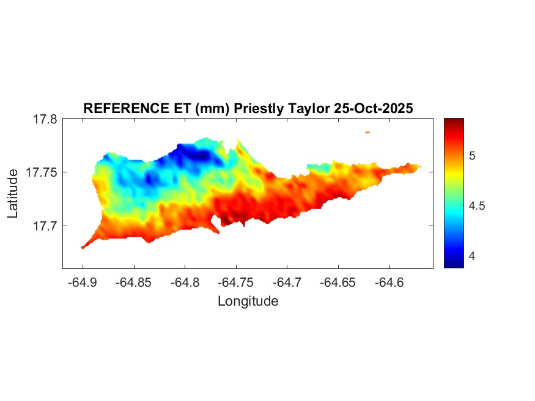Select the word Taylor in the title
pyautogui.click(x=309, y=108)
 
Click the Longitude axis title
pyautogui.click(x=248, y=301)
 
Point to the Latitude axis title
pyautogui.click(x=13, y=194)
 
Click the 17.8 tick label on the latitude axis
pyautogui.click(x=45, y=119)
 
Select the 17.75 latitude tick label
pyautogui.click(x=42, y=172)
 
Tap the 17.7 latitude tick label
pyautogui.click(x=45, y=226)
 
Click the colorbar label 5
pyautogui.click(x=472, y=156)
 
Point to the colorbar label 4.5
pyautogui.click(x=477, y=206)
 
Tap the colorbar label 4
pyautogui.click(x=472, y=256)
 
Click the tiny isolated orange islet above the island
pyautogui.click(x=368, y=131)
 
